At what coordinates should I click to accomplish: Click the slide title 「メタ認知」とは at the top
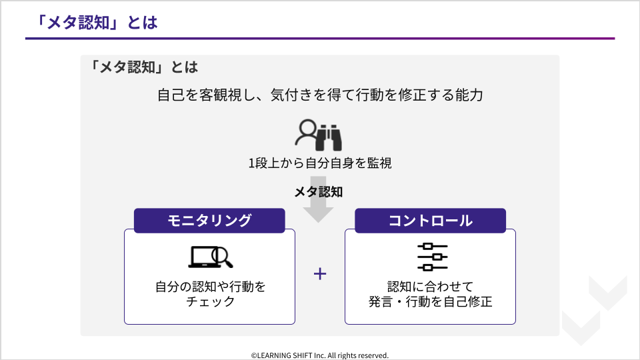click(x=96, y=23)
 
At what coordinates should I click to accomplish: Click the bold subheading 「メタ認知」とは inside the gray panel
click(x=143, y=67)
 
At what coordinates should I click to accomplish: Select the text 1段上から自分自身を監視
click(x=320, y=163)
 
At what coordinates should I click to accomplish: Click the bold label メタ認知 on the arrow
click(x=319, y=192)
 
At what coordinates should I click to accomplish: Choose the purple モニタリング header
click(x=209, y=221)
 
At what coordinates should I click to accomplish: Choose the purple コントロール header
click(x=430, y=221)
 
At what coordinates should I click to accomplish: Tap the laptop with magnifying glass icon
click(x=210, y=257)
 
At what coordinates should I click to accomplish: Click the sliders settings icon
click(x=432, y=257)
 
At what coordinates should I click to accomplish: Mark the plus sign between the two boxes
click(x=320, y=273)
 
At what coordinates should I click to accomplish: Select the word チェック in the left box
click(x=210, y=301)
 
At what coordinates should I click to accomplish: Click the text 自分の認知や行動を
click(x=210, y=287)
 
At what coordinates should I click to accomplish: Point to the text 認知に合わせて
click(x=430, y=287)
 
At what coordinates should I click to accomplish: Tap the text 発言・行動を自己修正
click(x=430, y=301)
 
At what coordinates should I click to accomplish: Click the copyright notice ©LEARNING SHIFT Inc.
click(x=319, y=355)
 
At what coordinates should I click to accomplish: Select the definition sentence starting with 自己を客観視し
click(x=320, y=95)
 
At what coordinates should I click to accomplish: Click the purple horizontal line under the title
click(x=320, y=39)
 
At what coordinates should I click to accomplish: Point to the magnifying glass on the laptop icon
click(x=222, y=257)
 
